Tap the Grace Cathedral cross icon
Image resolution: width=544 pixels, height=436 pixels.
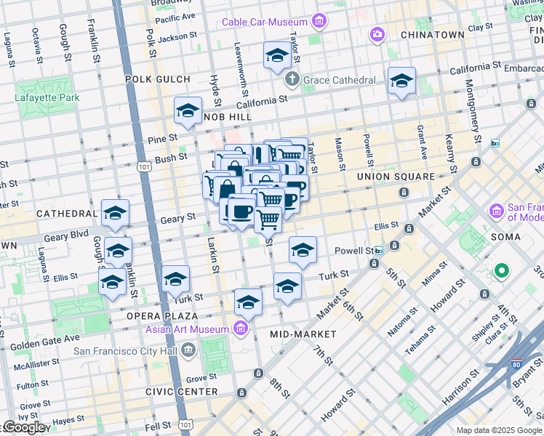(292, 80)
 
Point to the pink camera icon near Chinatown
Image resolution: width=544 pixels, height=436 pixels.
(377, 34)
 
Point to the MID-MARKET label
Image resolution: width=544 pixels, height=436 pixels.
(303, 334)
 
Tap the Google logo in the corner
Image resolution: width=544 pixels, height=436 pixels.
(23, 427)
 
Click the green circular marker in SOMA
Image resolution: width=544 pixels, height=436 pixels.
(501, 272)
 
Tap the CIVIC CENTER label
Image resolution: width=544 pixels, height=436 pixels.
(181, 392)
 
